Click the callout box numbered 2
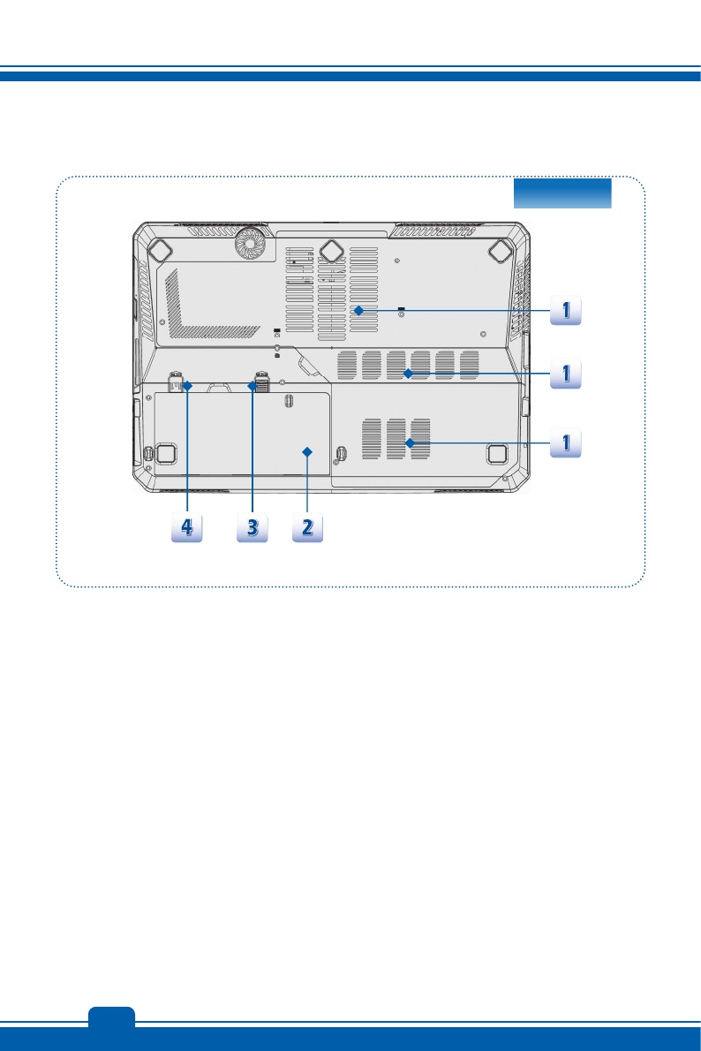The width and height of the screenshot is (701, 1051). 307,528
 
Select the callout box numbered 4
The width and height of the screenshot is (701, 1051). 187,528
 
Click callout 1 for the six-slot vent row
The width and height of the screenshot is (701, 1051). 565,374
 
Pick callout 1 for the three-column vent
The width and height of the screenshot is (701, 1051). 565,442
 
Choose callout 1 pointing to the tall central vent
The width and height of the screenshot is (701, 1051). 565,310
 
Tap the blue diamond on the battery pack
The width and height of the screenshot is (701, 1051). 307,451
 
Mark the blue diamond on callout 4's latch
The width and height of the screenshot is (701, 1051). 187,384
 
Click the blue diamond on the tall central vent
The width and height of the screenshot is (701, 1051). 358,310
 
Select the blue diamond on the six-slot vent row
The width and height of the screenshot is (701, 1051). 408,374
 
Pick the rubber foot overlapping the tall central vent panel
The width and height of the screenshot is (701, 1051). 332,250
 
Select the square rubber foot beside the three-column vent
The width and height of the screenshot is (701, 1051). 495,452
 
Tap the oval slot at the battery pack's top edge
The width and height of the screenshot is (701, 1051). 290,399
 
